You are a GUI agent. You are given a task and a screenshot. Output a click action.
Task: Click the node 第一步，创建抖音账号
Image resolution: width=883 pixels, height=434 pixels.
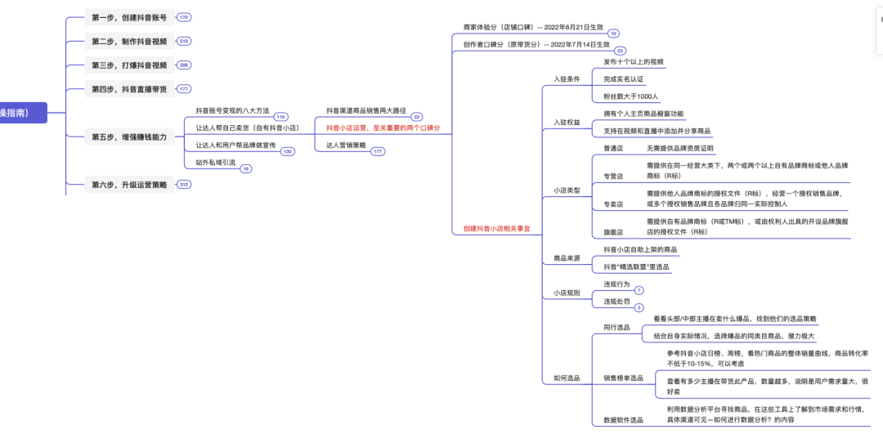point(128,17)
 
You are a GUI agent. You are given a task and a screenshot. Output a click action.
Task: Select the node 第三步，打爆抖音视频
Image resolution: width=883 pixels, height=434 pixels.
point(128,65)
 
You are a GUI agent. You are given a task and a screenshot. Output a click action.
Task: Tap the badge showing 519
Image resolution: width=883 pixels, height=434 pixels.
point(184,41)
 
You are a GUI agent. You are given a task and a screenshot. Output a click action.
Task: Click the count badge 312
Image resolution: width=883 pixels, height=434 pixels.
point(184,185)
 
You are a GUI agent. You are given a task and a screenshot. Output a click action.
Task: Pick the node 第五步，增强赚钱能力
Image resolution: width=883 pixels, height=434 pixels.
point(128,137)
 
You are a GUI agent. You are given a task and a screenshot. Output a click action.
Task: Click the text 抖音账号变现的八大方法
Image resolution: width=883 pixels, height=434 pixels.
point(232,110)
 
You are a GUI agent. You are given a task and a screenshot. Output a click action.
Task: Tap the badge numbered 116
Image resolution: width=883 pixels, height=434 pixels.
point(280,117)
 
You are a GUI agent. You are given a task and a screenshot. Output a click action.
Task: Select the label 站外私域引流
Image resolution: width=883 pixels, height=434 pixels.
point(215,163)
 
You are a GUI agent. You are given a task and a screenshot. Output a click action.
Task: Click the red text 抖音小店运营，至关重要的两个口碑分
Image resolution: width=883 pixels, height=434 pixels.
point(383,128)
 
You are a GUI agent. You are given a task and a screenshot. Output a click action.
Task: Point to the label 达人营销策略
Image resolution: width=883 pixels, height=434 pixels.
point(346,145)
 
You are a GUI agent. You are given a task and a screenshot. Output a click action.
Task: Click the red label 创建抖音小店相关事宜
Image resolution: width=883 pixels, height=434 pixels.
point(496,229)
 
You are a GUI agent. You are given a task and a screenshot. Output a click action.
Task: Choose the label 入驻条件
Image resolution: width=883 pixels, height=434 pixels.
point(567,79)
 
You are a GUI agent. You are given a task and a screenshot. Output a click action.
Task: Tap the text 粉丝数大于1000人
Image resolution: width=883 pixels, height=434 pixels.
point(630,96)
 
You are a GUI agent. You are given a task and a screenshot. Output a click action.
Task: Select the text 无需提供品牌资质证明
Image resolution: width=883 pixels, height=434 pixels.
point(679,149)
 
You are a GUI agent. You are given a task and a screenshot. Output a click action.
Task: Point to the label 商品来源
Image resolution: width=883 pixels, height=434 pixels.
point(567,258)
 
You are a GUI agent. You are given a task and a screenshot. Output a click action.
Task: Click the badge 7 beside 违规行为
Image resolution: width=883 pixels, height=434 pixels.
point(639,291)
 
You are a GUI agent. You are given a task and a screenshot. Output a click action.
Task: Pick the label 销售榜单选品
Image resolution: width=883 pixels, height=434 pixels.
point(623,378)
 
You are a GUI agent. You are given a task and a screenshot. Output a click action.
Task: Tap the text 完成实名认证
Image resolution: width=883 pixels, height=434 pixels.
point(624,79)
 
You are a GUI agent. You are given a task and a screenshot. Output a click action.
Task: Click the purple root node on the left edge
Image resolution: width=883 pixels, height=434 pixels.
point(23,113)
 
